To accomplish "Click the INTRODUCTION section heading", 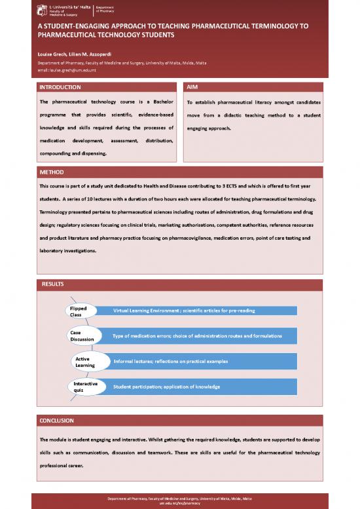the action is [60, 86].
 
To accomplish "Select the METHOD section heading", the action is [52, 172].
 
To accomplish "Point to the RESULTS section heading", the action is [54, 283].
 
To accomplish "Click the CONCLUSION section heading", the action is [58, 419].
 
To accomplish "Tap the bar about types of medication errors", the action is [196, 336].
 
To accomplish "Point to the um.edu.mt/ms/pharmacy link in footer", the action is [179, 504].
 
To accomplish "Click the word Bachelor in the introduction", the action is [159, 103].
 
